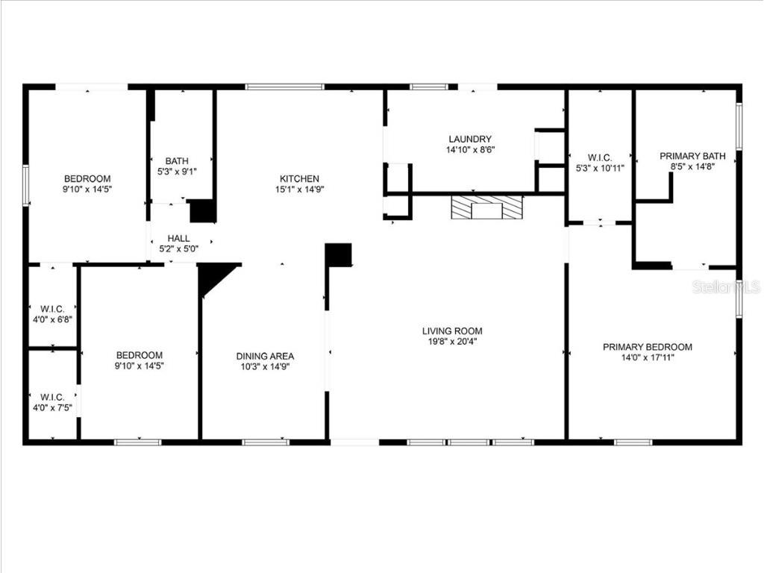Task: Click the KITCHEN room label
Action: point(299,178)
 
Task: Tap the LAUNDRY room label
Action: point(470,139)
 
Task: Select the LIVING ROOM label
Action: point(452,331)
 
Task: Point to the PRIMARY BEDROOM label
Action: point(647,347)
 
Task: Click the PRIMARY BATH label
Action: point(692,156)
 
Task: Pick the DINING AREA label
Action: point(265,356)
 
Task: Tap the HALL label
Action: point(178,238)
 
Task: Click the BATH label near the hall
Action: point(177,160)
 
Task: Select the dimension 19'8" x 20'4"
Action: point(452,342)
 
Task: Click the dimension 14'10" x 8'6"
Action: point(470,150)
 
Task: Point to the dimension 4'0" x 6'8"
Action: point(51,319)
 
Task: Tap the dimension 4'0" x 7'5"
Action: point(51,407)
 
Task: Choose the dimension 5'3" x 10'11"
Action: point(600,168)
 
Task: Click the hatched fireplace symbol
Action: point(486,208)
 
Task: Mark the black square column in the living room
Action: point(339,255)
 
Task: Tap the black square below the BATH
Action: point(202,211)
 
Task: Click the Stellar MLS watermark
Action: point(725,286)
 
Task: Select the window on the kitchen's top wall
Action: point(285,87)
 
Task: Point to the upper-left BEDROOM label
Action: point(87,178)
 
